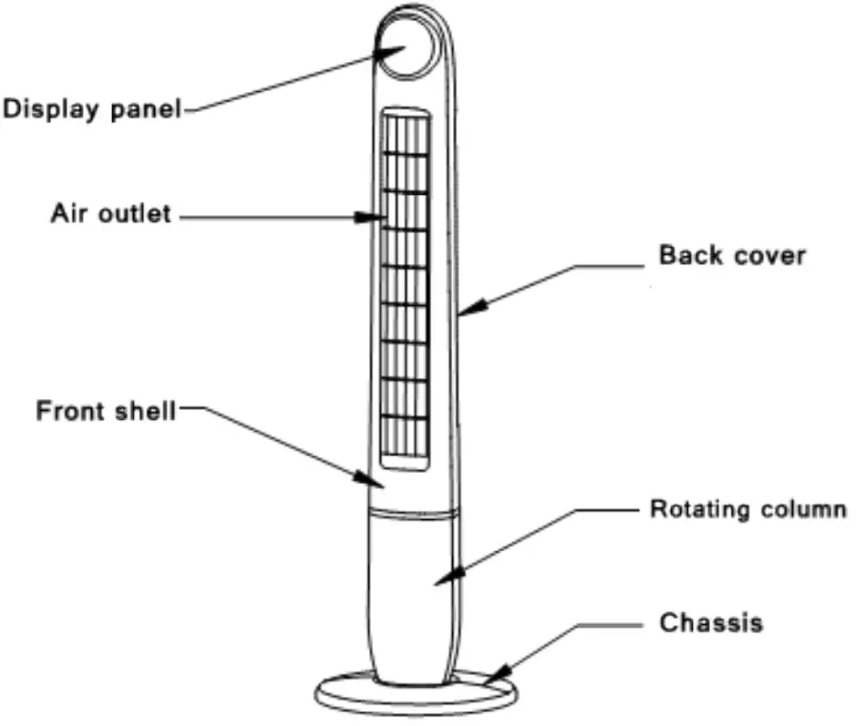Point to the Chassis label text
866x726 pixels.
tap(711, 623)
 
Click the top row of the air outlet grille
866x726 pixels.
tap(405, 133)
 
